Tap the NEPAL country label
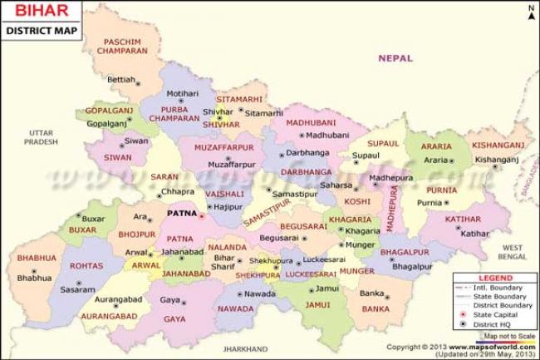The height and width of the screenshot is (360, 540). pos(395,58)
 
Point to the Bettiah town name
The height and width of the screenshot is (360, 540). pos(120,80)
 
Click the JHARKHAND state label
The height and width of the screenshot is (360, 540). pos(245,349)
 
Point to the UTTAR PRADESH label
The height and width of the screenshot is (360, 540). pos(41,137)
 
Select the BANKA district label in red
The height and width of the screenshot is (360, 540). pos(376,308)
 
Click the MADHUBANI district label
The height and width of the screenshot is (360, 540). pos(311,122)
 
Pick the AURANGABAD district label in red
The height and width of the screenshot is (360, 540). pos(109,317)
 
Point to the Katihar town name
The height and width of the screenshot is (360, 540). pos(475,234)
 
